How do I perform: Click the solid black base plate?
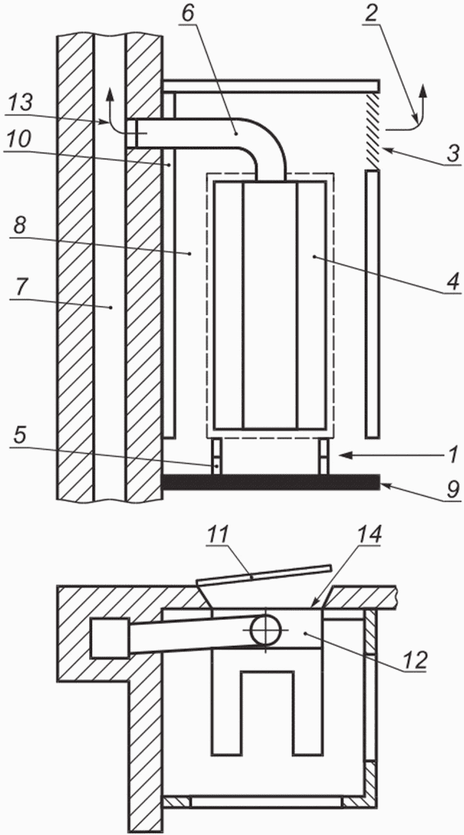pyautogui.click(x=271, y=482)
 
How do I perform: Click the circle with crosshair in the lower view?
pyautogui.click(x=266, y=630)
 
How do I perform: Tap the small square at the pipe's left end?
pyautogui.click(x=110, y=638)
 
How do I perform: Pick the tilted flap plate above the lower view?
pyautogui.click(x=264, y=576)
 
